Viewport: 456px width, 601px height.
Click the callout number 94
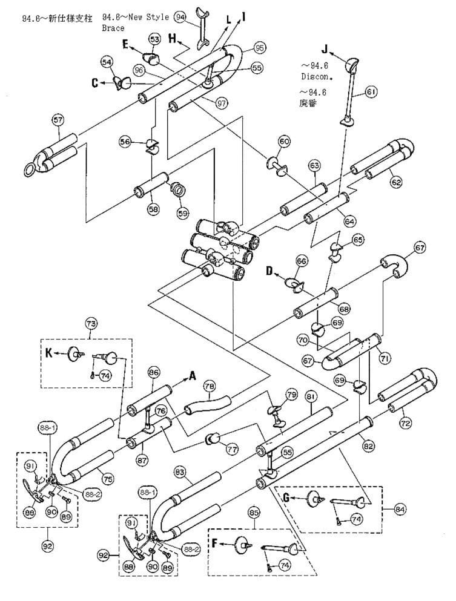click(179, 17)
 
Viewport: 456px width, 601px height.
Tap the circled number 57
click(58, 120)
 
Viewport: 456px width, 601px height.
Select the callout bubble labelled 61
click(371, 92)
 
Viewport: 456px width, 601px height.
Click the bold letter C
click(95, 83)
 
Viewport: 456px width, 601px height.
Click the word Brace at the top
click(113, 28)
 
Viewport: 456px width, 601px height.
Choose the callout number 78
click(209, 386)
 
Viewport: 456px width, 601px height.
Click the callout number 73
click(91, 324)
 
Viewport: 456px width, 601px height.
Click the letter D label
click(269, 272)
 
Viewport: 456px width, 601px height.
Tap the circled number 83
click(180, 470)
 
